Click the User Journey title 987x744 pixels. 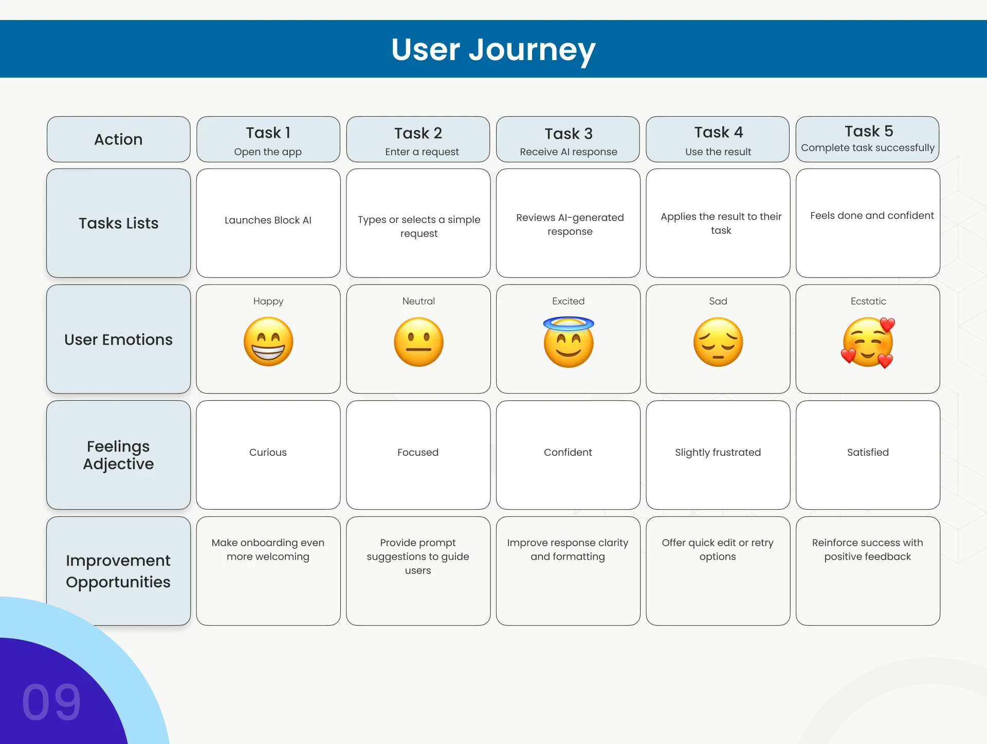click(x=493, y=50)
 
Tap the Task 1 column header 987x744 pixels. click(x=268, y=139)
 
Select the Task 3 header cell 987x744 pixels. click(x=568, y=139)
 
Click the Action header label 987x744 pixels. click(x=118, y=139)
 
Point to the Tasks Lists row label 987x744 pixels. click(x=118, y=223)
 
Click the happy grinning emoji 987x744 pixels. click(x=268, y=342)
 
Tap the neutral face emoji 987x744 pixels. click(x=418, y=342)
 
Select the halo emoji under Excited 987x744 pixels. click(x=569, y=342)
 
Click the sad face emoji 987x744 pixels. click(x=718, y=342)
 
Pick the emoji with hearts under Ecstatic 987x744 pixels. click(x=868, y=342)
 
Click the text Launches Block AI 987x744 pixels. click(x=268, y=220)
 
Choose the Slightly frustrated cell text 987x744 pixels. click(x=718, y=452)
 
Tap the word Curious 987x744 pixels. click(x=268, y=452)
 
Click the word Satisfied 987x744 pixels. click(x=868, y=452)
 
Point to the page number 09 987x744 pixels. click(x=51, y=702)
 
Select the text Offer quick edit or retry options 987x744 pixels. click(x=718, y=549)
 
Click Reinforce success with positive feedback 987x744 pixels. click(x=868, y=549)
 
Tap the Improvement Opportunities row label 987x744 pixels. click(x=118, y=571)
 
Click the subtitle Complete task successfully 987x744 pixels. click(x=868, y=147)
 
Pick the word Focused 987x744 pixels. click(x=418, y=452)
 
